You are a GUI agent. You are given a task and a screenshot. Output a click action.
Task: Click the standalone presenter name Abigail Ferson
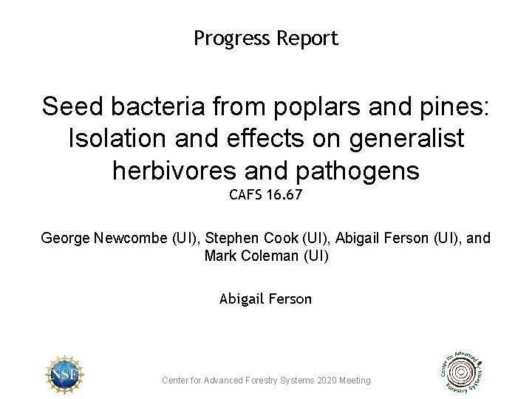click(x=265, y=299)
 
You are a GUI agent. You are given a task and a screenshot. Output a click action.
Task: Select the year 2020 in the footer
click(x=327, y=381)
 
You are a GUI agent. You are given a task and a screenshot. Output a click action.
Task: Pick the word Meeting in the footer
click(x=355, y=381)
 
